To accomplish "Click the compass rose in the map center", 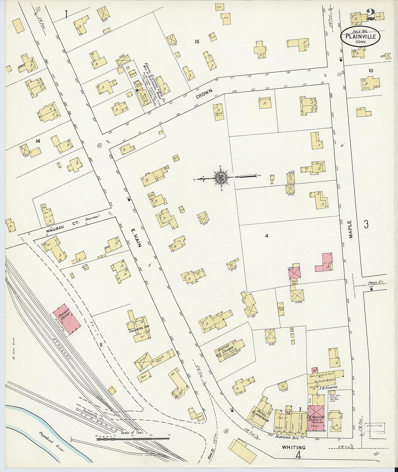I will coord(220,178).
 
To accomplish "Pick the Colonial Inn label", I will coord(136,330).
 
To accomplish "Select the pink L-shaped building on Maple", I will coord(324,263).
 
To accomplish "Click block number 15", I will coord(196,42).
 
